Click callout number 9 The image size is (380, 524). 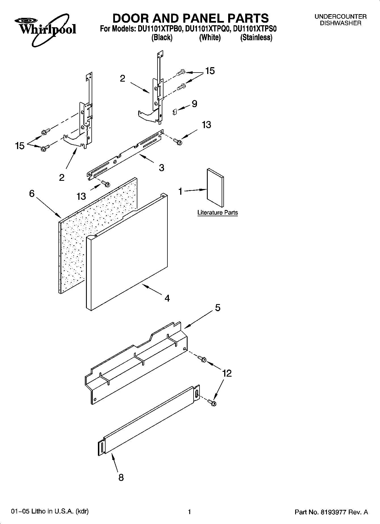pyautogui.click(x=194, y=104)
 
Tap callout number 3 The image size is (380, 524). pyautogui.click(x=161, y=168)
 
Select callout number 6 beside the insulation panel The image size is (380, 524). pyautogui.click(x=32, y=194)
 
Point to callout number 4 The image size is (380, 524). pyautogui.click(x=167, y=298)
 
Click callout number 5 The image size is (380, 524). pyautogui.click(x=218, y=308)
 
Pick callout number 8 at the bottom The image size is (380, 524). pyautogui.click(x=121, y=478)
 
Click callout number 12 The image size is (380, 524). pyautogui.click(x=227, y=373)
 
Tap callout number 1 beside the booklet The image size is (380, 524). pyautogui.click(x=180, y=192)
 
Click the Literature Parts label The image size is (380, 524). pyautogui.click(x=217, y=213)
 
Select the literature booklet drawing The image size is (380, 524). pyautogui.click(x=215, y=188)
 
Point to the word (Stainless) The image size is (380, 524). pyautogui.click(x=256, y=37)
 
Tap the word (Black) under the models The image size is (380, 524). pyautogui.click(x=162, y=37)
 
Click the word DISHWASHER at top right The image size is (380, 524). pyautogui.click(x=341, y=23)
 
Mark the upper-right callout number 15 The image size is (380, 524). pyautogui.click(x=210, y=71)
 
